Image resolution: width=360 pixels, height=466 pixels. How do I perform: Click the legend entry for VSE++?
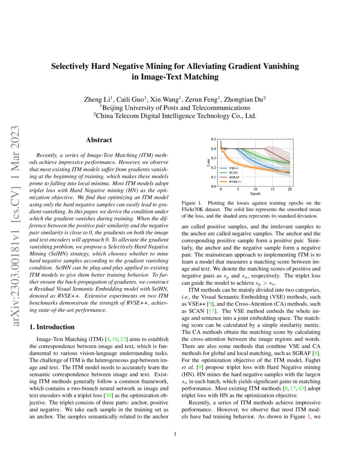tap(234, 169)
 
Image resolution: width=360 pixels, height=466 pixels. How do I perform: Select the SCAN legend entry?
tap(233, 173)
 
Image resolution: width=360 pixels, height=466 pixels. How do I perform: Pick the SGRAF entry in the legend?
tap(234, 177)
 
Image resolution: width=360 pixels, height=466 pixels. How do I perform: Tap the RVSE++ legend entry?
tap(235, 181)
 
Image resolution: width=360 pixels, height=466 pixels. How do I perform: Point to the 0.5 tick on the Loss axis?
tap(214, 139)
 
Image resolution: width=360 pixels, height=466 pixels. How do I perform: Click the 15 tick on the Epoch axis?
tap(272, 189)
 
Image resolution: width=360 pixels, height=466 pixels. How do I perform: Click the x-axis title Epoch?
tap(255, 194)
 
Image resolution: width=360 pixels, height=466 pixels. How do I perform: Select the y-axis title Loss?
tap(208, 163)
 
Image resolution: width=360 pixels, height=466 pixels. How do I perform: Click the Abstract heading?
tap(99, 140)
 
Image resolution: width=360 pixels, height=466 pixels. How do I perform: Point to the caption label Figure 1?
tap(191, 203)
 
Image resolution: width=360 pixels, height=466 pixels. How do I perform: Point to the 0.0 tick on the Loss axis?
tap(214, 186)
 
